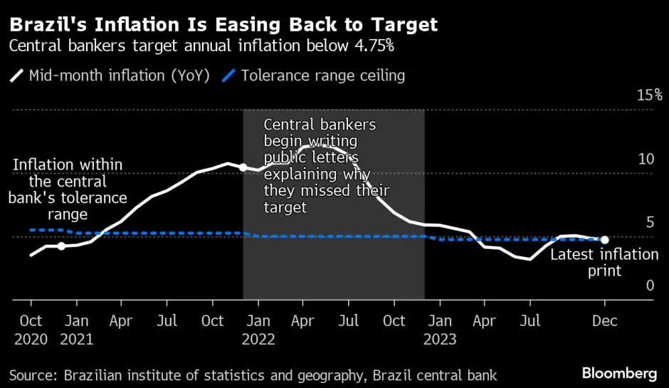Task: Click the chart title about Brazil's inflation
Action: [x=223, y=26]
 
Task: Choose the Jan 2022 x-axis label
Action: [x=258, y=330]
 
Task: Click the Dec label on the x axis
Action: [x=605, y=321]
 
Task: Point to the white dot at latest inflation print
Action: [x=604, y=241]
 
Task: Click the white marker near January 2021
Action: [x=61, y=246]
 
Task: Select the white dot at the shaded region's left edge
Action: [x=243, y=167]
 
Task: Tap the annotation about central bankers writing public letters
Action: [x=326, y=166]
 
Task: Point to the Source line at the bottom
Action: [x=253, y=374]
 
